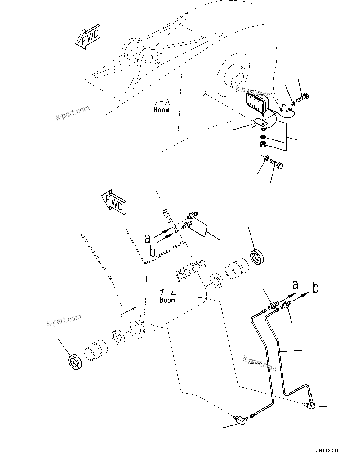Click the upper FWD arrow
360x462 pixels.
point(88,38)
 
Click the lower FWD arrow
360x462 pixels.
point(113,204)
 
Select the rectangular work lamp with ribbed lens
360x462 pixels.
point(257,104)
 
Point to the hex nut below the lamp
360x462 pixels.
point(262,144)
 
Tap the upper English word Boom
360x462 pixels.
point(162,110)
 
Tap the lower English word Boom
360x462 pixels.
point(167,300)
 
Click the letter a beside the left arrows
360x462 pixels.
point(148,238)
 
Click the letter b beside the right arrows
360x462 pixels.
point(316,288)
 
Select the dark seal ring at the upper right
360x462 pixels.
point(256,257)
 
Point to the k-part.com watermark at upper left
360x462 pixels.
point(73,112)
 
